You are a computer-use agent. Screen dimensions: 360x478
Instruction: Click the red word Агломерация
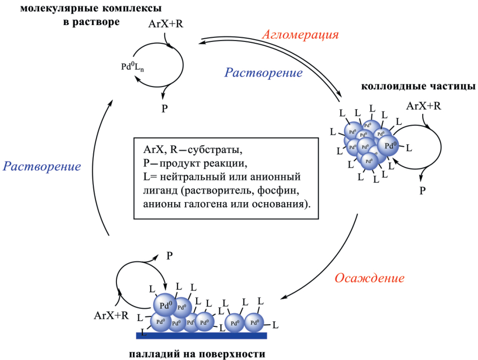click(x=300, y=34)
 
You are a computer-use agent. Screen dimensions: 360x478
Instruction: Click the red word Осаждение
click(x=369, y=278)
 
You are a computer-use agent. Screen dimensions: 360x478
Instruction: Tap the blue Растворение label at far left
click(x=42, y=166)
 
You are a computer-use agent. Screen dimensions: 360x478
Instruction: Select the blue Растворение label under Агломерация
click(x=263, y=73)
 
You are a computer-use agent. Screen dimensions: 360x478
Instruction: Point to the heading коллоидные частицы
click(x=418, y=86)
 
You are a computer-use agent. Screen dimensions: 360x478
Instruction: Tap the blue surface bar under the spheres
click(x=201, y=335)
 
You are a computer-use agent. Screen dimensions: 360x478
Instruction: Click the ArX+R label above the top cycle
click(x=166, y=23)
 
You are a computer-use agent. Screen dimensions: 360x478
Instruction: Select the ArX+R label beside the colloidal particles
click(x=424, y=106)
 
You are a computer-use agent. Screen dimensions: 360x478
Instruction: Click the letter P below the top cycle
click(x=165, y=109)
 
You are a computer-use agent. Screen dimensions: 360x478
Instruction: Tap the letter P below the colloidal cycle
click(x=422, y=190)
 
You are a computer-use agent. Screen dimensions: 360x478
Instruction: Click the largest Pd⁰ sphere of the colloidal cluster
click(x=389, y=146)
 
